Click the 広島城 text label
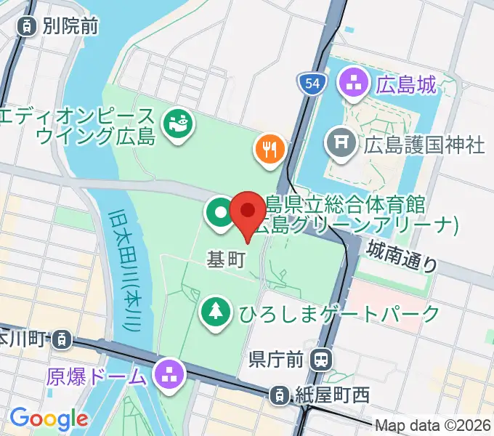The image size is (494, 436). (406, 84)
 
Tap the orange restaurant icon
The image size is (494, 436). (270, 150)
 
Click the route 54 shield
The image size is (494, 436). (310, 84)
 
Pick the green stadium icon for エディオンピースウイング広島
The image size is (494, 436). (176, 124)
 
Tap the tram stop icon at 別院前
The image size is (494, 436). (25, 27)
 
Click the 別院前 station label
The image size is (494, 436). (70, 27)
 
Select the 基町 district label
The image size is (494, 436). (226, 260)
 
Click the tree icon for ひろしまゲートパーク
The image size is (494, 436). (216, 313)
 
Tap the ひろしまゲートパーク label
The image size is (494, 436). (339, 314)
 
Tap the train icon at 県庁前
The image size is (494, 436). (320, 358)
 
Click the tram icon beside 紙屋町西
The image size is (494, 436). (278, 396)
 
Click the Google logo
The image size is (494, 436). (49, 419)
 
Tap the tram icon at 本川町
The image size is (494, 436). (63, 339)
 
